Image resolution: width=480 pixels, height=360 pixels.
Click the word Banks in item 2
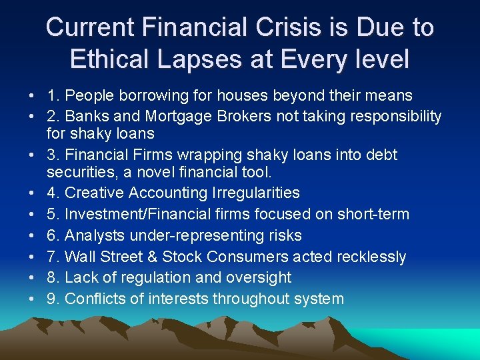point(86,117)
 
